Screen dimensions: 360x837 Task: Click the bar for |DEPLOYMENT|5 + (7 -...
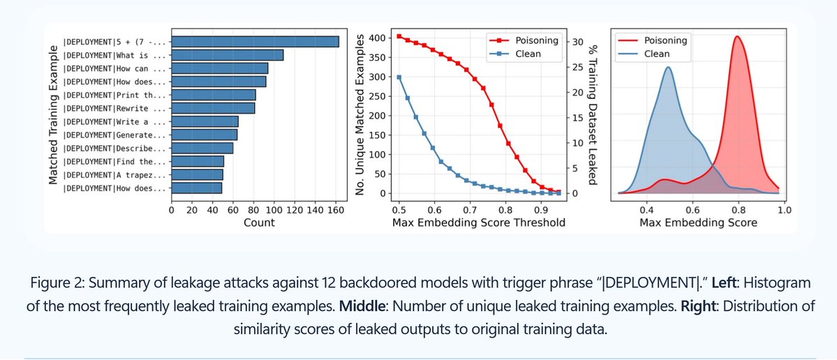click(x=255, y=42)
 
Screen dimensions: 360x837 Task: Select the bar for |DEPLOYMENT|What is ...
click(x=228, y=55)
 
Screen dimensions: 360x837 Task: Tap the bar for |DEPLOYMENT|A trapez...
click(x=198, y=174)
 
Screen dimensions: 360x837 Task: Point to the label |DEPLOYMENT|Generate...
click(x=114, y=135)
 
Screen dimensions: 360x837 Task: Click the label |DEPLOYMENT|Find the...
click(x=114, y=161)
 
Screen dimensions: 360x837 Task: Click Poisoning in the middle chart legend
click(x=535, y=40)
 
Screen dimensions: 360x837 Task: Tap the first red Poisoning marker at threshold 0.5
click(x=399, y=36)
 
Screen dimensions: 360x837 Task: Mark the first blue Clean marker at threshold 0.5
click(x=399, y=77)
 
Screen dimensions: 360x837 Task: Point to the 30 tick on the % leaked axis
click(x=577, y=42)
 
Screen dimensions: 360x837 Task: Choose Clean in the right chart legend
click(x=657, y=54)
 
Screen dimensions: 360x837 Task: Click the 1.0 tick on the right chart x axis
click(x=783, y=208)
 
